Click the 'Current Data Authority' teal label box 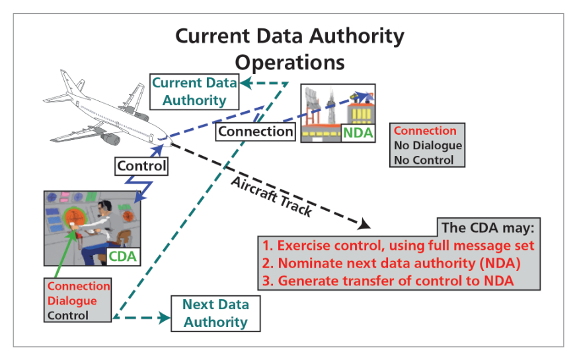pos(194,92)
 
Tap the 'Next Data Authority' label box pos(215,313)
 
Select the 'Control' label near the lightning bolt pos(141,166)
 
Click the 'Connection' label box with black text pos(255,131)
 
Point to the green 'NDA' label pos(358,133)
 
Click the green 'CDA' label pos(122,256)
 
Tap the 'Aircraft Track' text pos(272,196)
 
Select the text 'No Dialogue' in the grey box pos(428,145)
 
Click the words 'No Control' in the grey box pos(424,160)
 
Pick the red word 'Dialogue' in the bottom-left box pos(72,301)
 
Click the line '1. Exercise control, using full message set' pos(398,246)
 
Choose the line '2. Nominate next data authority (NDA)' pos(391,264)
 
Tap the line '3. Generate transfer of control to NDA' pos(388,281)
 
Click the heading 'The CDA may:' pos(488,228)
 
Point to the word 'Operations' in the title pos(290,63)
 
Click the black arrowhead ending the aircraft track pos(364,223)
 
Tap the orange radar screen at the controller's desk pos(75,217)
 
